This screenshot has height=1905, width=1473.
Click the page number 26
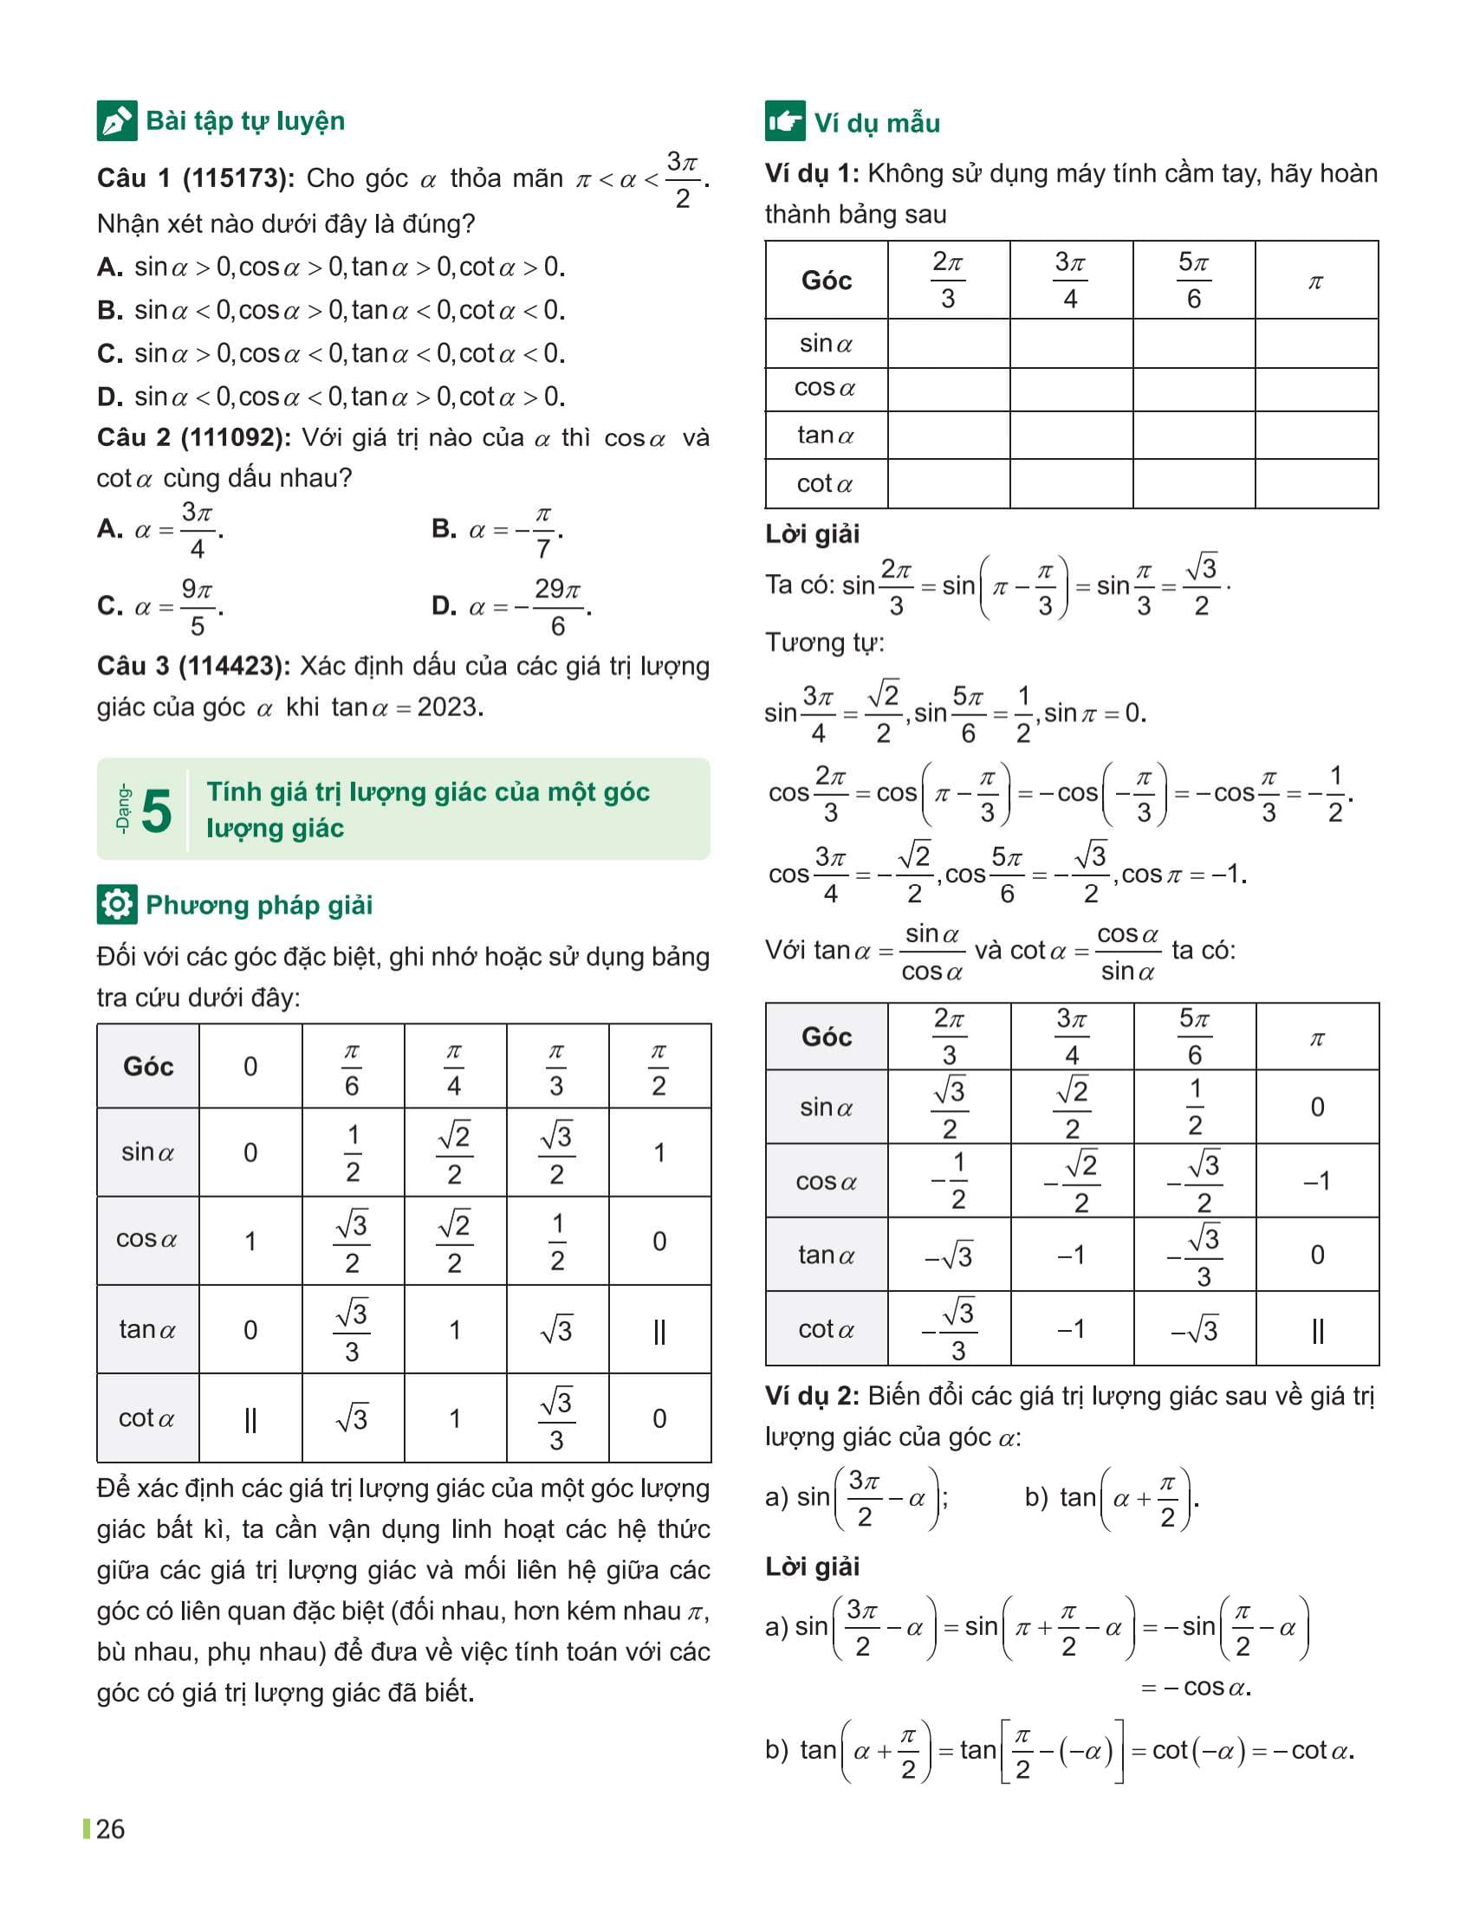[x=110, y=1829]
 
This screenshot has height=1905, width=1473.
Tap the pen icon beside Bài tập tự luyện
[x=116, y=121]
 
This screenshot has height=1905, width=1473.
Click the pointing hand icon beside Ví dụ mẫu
[x=784, y=121]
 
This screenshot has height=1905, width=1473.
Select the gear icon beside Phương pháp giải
[x=116, y=905]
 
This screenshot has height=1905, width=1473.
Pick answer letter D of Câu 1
[x=110, y=397]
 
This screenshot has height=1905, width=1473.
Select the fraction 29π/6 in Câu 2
[x=558, y=607]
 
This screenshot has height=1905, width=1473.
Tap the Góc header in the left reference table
[x=148, y=1066]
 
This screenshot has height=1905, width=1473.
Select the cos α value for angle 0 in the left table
[x=250, y=1241]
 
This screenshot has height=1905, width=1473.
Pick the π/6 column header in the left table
[x=352, y=1068]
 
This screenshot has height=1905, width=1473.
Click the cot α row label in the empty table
[x=826, y=484]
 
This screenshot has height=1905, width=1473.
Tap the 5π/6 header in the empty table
[x=1194, y=280]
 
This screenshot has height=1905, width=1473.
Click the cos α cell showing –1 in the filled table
[x=1317, y=1182]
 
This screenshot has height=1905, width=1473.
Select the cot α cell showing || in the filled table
[x=1317, y=1330]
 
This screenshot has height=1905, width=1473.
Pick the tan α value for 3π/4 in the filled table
[x=1072, y=1256]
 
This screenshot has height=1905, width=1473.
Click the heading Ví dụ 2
[x=811, y=1397]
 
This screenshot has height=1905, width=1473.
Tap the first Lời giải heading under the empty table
[x=813, y=533]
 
